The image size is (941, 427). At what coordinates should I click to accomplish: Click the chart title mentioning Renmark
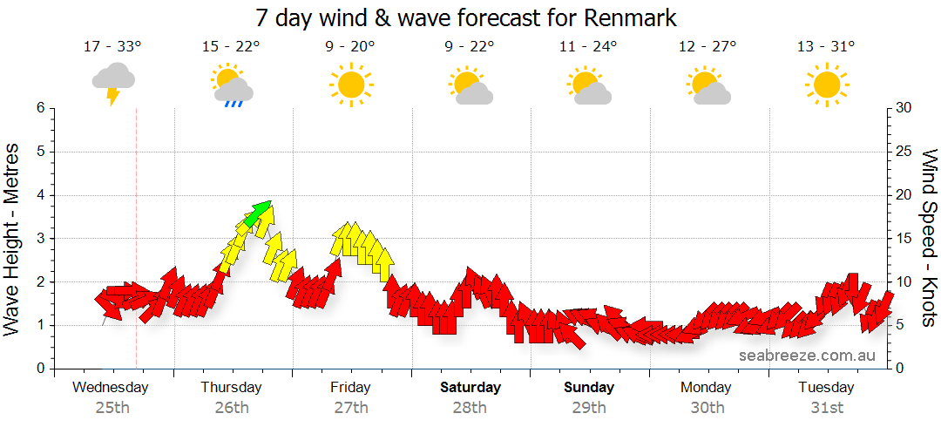tap(466, 17)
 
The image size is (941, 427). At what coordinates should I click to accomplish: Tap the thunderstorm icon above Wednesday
tap(113, 83)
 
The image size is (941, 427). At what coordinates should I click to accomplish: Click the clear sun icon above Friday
tap(351, 85)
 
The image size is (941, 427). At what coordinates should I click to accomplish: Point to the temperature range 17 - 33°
tap(113, 47)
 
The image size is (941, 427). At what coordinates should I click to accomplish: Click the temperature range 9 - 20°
tap(351, 47)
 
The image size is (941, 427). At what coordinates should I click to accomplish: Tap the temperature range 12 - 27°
tap(707, 47)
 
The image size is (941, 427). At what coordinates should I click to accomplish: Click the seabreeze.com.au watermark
tap(807, 356)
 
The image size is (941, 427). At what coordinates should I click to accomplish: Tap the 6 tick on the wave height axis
tap(40, 108)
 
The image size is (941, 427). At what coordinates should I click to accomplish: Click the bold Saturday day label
tap(470, 388)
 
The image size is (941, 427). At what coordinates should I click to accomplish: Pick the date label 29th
tap(589, 408)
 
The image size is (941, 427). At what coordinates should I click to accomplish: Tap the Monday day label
tap(707, 388)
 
